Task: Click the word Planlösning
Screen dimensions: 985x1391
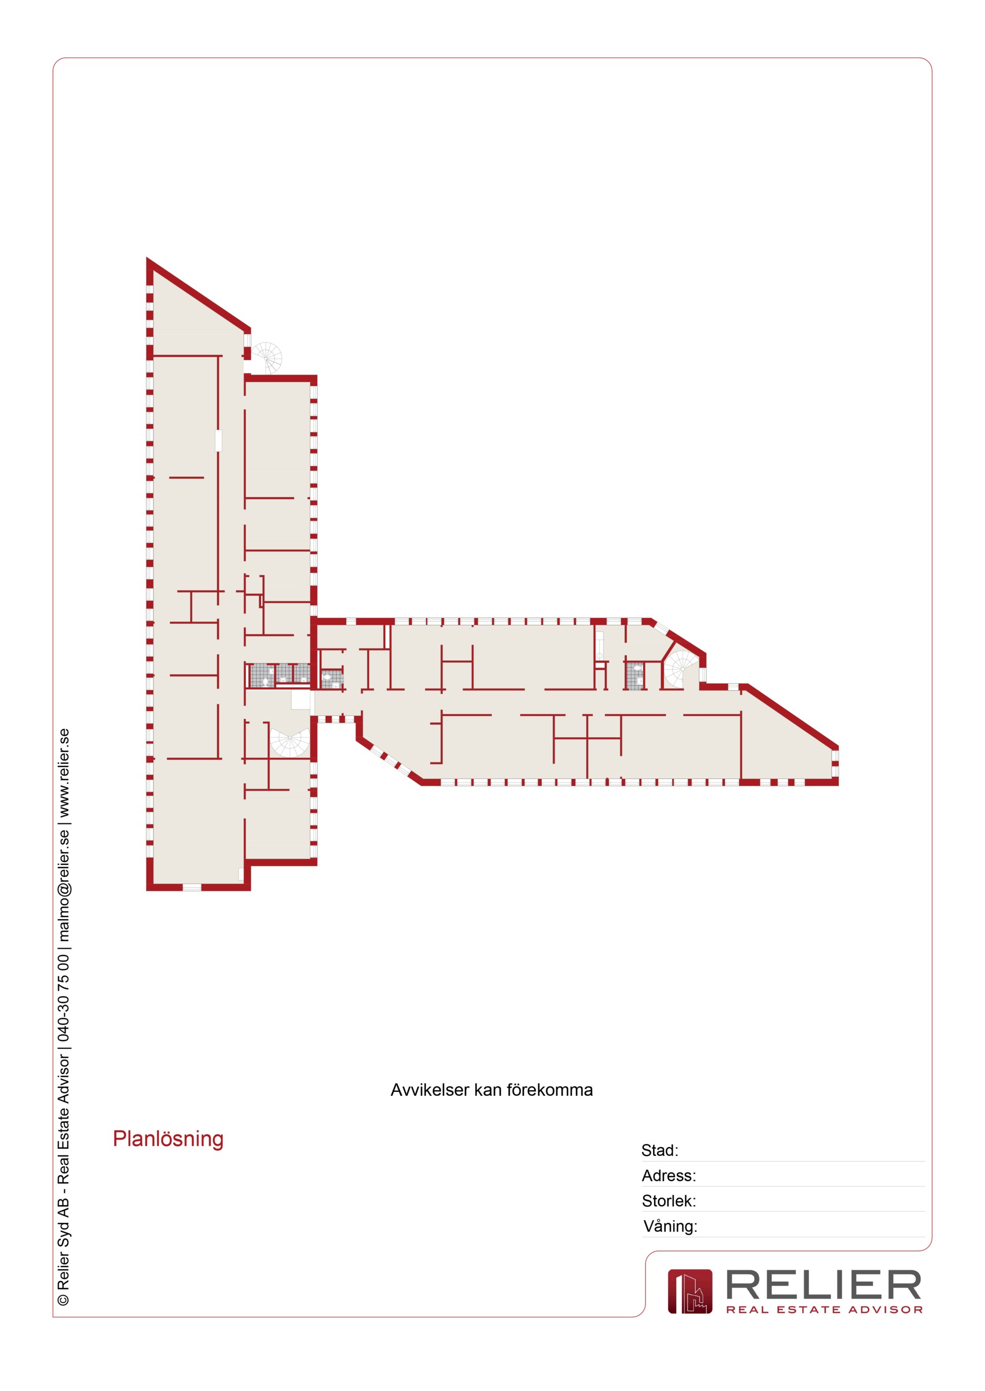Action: tap(168, 1139)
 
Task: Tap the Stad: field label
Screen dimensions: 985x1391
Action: tap(659, 1150)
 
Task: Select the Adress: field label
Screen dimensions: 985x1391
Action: tap(668, 1176)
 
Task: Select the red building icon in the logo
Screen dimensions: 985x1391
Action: tap(690, 1291)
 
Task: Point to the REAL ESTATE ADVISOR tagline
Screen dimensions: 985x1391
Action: tap(824, 1310)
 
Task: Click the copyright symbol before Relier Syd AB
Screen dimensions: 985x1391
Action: tap(63, 1299)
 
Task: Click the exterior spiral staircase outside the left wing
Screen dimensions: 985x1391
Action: tap(267, 358)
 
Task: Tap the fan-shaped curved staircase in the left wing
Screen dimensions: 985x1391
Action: tap(290, 741)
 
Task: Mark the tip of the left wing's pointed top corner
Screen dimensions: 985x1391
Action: tap(147, 258)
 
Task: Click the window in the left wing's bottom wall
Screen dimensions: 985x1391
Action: tap(192, 887)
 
